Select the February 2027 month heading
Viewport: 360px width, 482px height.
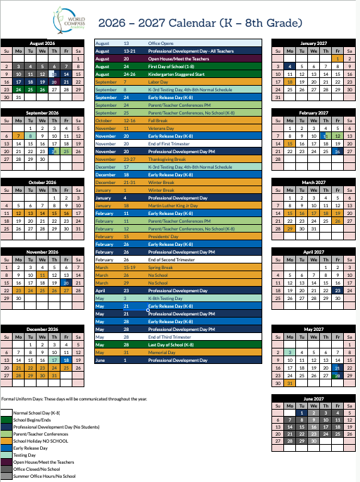[x=314, y=112]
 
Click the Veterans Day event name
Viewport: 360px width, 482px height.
[x=161, y=128]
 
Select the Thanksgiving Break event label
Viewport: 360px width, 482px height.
[x=167, y=159]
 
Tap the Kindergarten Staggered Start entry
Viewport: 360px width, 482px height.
[x=176, y=74]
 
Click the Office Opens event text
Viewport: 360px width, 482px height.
[x=160, y=43]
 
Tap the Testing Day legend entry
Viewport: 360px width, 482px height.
[x=24, y=455]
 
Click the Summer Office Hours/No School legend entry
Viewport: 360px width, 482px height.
[x=43, y=476]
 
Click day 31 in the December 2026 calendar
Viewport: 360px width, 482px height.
[x=53, y=376]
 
